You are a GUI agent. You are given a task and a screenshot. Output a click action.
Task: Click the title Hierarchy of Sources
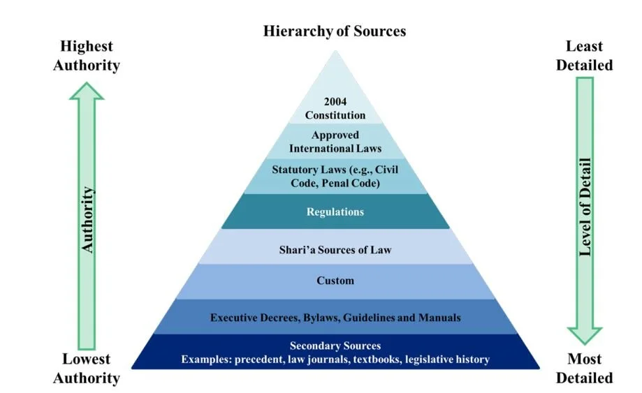coord(335,31)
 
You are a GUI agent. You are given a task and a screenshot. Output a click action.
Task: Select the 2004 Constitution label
coord(335,108)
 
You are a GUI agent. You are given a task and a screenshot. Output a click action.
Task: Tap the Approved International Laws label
coord(335,142)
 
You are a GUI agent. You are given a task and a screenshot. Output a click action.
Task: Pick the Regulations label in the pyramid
coord(335,212)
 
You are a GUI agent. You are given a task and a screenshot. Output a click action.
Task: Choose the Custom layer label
coord(335,281)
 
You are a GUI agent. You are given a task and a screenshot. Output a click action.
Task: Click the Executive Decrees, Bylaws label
coord(335,318)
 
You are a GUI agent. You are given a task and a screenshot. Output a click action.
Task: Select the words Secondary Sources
coord(335,346)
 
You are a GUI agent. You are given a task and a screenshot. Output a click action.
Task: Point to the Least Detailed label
coord(588,56)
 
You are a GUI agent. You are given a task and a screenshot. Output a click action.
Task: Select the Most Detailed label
coord(588,369)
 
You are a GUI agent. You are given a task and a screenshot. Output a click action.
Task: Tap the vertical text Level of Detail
coord(585,209)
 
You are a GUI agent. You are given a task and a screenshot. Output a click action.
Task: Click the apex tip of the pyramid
coord(336,52)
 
